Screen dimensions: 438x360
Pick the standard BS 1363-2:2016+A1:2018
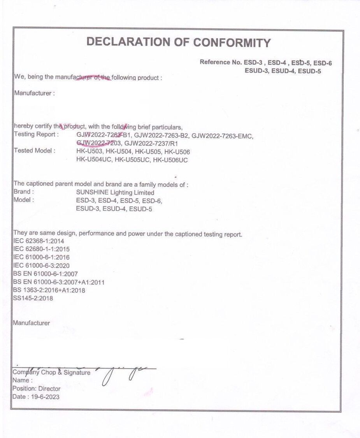(49, 290)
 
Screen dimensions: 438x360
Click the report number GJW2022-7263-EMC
(223, 135)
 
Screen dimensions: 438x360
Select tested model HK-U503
(90, 152)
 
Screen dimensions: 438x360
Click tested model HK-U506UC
(170, 160)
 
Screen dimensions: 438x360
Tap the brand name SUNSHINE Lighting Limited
(115, 193)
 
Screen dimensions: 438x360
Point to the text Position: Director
(37, 389)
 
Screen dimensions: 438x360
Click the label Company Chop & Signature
(51, 373)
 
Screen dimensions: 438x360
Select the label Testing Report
(36, 134)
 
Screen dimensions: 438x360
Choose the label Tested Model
(34, 151)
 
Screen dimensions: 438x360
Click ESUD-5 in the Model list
(140, 209)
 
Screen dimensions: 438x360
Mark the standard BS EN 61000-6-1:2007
(46, 274)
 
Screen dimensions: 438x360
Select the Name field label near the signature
(22, 380)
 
